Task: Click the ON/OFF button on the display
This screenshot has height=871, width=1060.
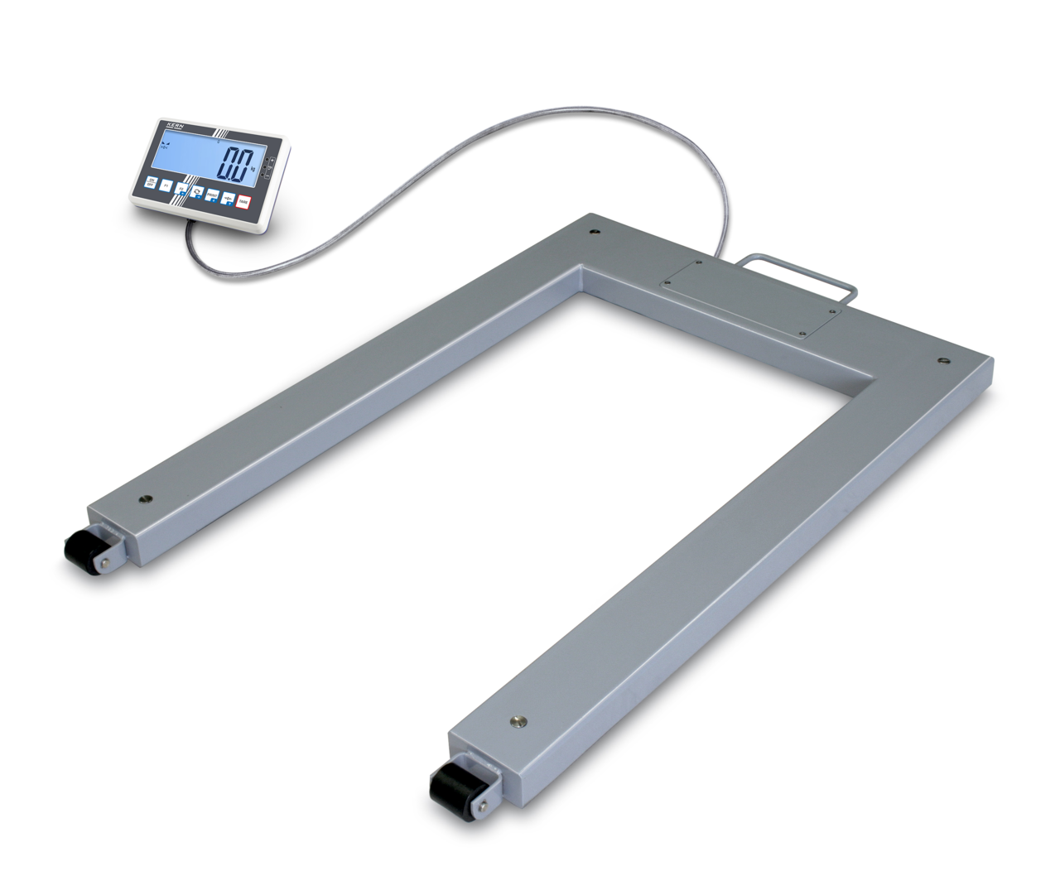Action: click(151, 183)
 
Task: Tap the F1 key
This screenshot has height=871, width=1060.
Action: click(166, 186)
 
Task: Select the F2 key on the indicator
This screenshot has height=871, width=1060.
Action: click(181, 190)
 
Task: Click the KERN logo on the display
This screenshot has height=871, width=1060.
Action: click(176, 125)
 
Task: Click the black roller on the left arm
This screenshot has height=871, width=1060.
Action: click(80, 548)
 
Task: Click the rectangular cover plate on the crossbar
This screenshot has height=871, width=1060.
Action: click(752, 298)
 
